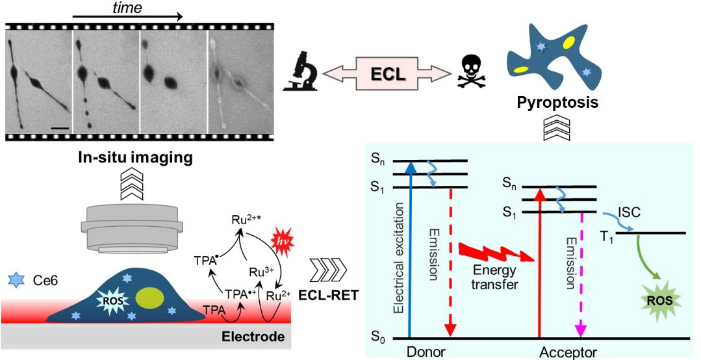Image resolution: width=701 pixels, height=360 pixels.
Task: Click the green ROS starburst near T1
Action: click(x=658, y=300)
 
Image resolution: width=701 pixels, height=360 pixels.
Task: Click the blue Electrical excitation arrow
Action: click(x=409, y=250)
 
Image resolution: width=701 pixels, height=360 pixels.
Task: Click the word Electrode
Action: click(x=253, y=337)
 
